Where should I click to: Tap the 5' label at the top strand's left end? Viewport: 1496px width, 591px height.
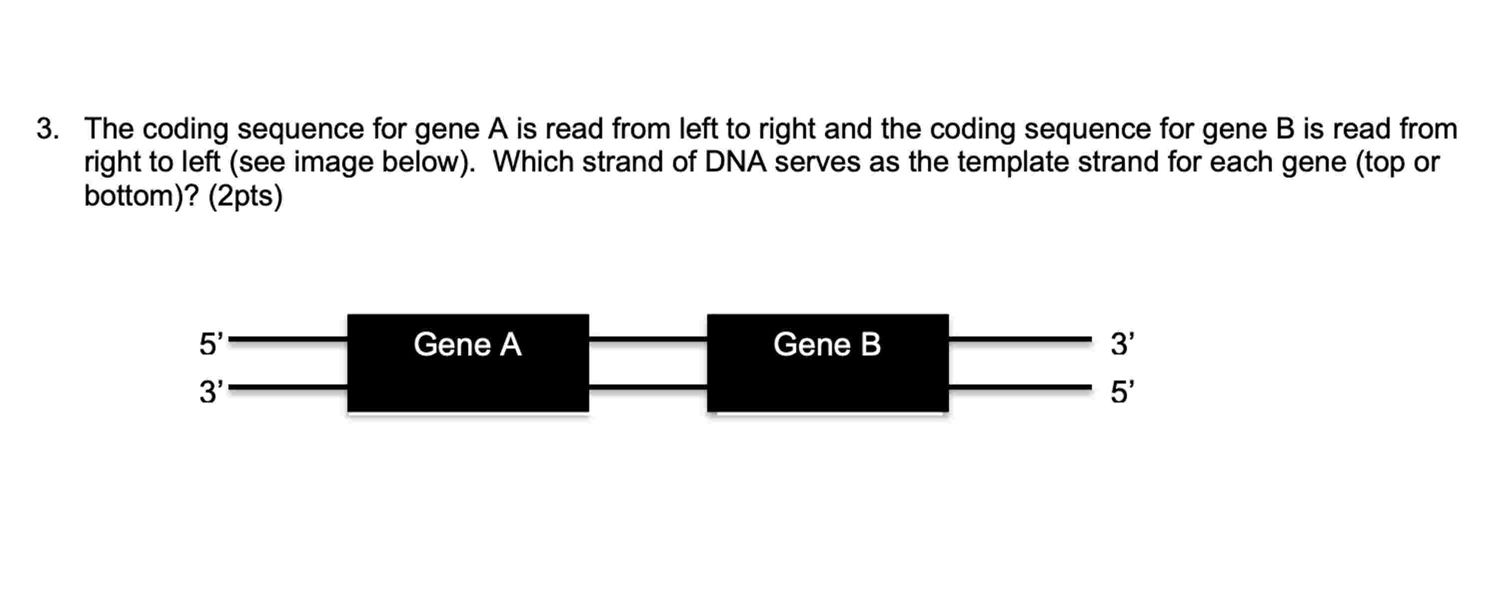point(211,344)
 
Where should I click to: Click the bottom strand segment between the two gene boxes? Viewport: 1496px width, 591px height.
point(648,387)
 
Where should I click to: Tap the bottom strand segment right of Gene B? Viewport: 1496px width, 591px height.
point(1020,387)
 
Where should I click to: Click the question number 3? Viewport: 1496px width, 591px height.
point(47,129)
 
